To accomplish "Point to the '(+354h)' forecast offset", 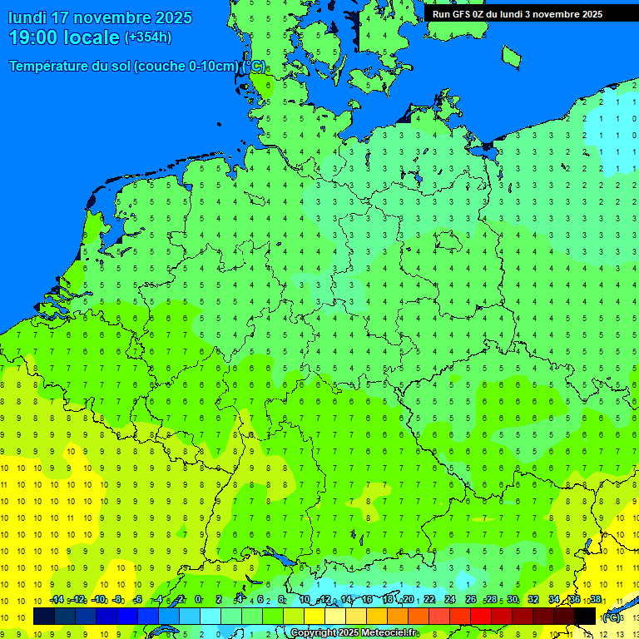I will [148, 37].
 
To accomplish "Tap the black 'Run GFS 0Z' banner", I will [517, 13].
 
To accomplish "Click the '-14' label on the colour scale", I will [57, 600].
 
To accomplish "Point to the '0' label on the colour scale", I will [198, 600].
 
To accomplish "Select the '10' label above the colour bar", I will [305, 600].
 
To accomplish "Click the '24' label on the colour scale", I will [450, 600].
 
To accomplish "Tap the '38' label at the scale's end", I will [596, 600].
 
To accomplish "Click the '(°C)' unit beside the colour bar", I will [612, 617].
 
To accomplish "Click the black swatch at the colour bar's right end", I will [586, 617].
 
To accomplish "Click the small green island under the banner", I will [511, 56].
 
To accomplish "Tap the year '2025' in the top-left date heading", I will [172, 17].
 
